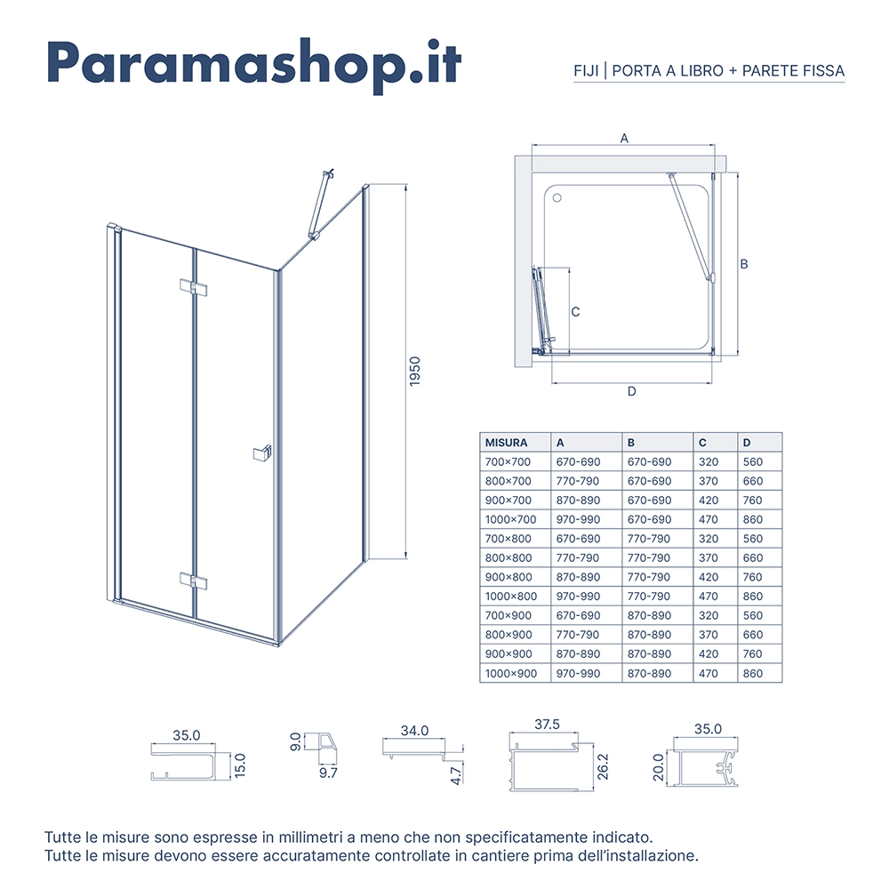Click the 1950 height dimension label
point(415,372)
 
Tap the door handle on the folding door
point(262,453)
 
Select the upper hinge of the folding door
point(193,287)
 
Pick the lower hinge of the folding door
point(193,581)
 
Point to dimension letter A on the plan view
point(624,138)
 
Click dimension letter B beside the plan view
point(744,264)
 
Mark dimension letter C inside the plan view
point(575,312)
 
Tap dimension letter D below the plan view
point(631,391)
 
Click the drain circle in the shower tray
point(557,198)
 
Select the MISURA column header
point(506,443)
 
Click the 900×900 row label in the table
point(508,653)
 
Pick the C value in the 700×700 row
point(709,462)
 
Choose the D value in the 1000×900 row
point(753,674)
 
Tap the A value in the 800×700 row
point(577,481)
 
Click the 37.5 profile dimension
point(547,724)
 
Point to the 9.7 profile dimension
point(328,773)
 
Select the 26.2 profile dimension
point(603,766)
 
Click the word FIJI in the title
point(586,71)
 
